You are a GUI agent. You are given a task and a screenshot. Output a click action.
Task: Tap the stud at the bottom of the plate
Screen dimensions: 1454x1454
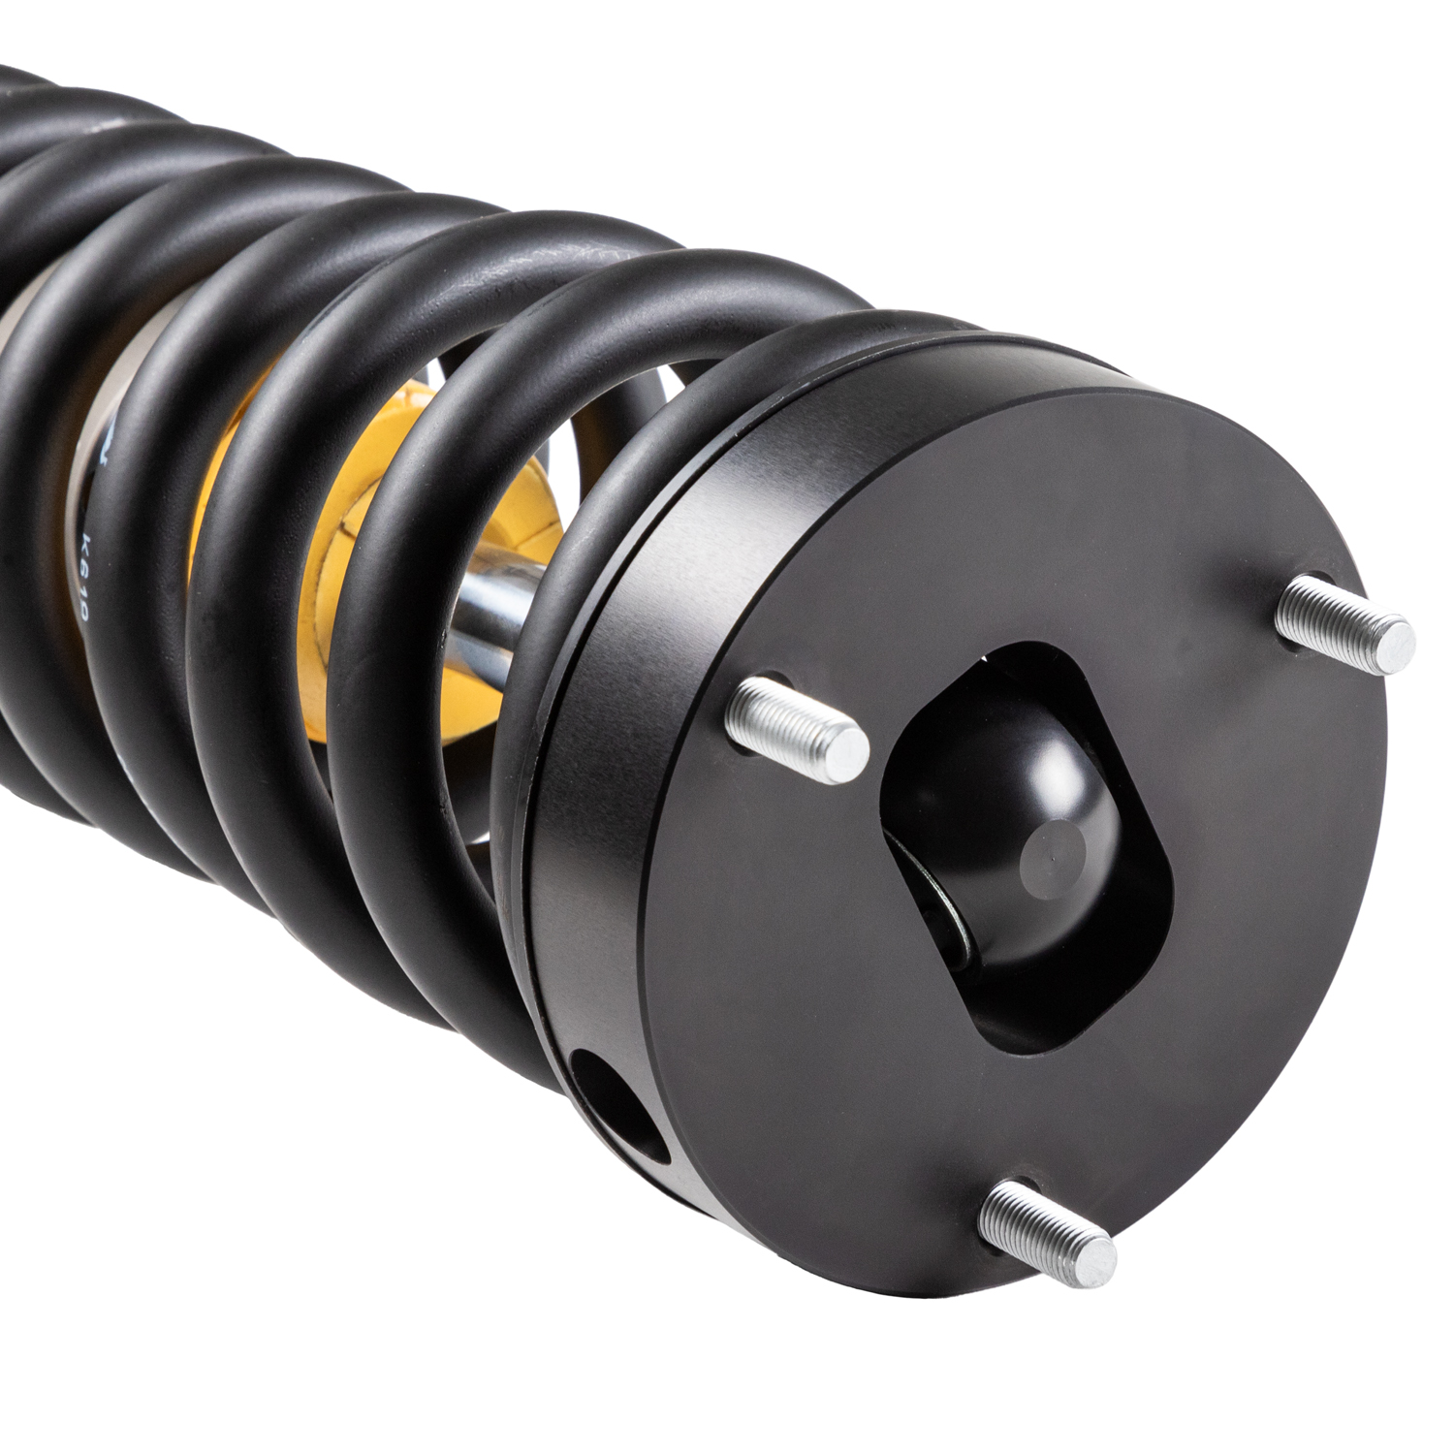pyautogui.click(x=1047, y=1226)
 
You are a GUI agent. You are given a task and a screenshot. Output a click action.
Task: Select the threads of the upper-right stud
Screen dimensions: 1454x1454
pyautogui.click(x=1318, y=611)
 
